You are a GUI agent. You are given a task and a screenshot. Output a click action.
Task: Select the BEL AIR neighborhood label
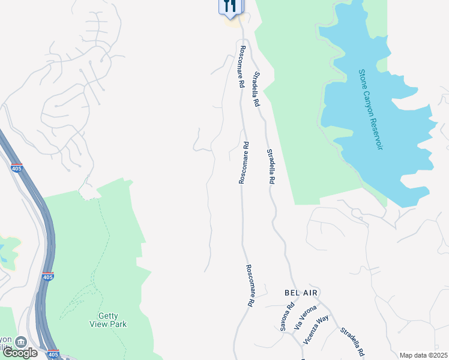coord(300,292)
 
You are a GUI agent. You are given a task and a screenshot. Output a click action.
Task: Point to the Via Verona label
coord(305,317)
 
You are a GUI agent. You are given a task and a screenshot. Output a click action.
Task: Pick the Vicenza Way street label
coord(316,328)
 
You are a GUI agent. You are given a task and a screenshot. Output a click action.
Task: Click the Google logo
coord(20,352)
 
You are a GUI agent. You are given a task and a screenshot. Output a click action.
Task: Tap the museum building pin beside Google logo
coord(21,342)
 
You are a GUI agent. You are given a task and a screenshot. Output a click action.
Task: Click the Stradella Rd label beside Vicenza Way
coord(352,343)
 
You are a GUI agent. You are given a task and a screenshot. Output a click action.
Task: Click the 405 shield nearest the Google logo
coord(52,354)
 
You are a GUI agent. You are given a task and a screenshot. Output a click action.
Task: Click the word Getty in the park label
coord(109,316)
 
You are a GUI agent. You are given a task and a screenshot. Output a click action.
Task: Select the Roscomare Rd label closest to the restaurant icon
coord(242,67)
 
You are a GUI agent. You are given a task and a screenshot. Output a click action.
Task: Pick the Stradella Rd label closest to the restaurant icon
coord(256,89)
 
